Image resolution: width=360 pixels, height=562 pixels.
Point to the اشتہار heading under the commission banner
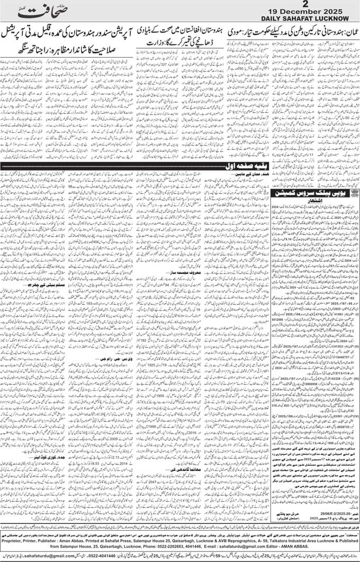coord(314,202)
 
